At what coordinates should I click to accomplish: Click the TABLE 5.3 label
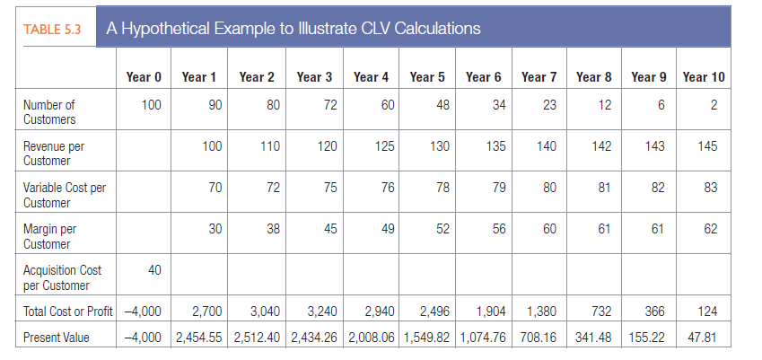[51, 28]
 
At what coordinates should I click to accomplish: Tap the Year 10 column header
[704, 77]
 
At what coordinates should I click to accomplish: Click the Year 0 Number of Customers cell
[151, 106]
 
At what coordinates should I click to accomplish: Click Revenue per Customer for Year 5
[439, 146]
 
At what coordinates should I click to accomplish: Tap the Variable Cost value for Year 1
[215, 188]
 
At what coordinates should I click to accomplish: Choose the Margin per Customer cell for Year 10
[711, 229]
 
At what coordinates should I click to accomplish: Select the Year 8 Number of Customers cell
[605, 106]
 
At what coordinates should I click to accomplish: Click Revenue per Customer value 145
[707, 146]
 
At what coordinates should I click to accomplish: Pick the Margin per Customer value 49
[388, 229]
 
